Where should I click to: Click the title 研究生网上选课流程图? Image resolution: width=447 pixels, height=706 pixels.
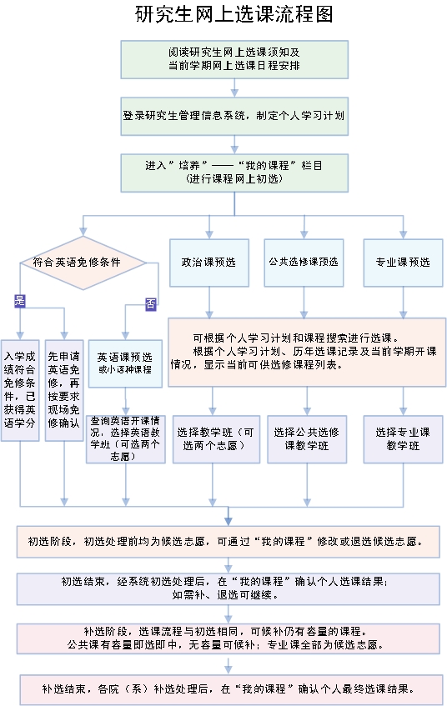click(234, 14)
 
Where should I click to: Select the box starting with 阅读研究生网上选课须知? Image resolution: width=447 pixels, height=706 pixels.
click(234, 59)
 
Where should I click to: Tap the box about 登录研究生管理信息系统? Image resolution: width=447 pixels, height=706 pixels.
click(234, 116)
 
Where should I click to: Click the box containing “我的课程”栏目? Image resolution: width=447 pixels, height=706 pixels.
click(234, 173)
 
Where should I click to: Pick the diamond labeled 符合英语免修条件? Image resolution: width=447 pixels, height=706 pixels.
click(83, 263)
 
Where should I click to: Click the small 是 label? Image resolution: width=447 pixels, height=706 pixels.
click(20, 301)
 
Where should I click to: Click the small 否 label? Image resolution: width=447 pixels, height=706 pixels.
click(150, 304)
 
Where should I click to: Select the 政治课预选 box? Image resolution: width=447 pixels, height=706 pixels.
click(209, 263)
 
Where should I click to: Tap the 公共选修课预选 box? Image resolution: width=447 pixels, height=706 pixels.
click(304, 263)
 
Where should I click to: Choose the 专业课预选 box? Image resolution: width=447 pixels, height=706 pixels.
click(404, 263)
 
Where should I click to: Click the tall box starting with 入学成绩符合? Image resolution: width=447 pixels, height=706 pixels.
click(20, 390)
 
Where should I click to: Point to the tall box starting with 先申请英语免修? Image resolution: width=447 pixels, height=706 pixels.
click(64, 390)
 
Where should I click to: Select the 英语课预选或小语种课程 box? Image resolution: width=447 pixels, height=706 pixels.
click(125, 363)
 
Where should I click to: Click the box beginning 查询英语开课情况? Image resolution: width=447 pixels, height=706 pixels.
click(126, 439)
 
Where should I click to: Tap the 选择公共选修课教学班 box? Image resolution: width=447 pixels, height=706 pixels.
click(307, 439)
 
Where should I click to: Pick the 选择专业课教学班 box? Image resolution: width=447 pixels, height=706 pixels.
click(404, 439)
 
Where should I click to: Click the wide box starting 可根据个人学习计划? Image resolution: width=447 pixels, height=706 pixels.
click(307, 352)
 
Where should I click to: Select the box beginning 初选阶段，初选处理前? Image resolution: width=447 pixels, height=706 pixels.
click(228, 542)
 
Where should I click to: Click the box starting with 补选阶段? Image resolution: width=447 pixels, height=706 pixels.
click(228, 638)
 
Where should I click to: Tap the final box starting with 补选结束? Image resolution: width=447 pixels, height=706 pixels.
click(231, 689)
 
